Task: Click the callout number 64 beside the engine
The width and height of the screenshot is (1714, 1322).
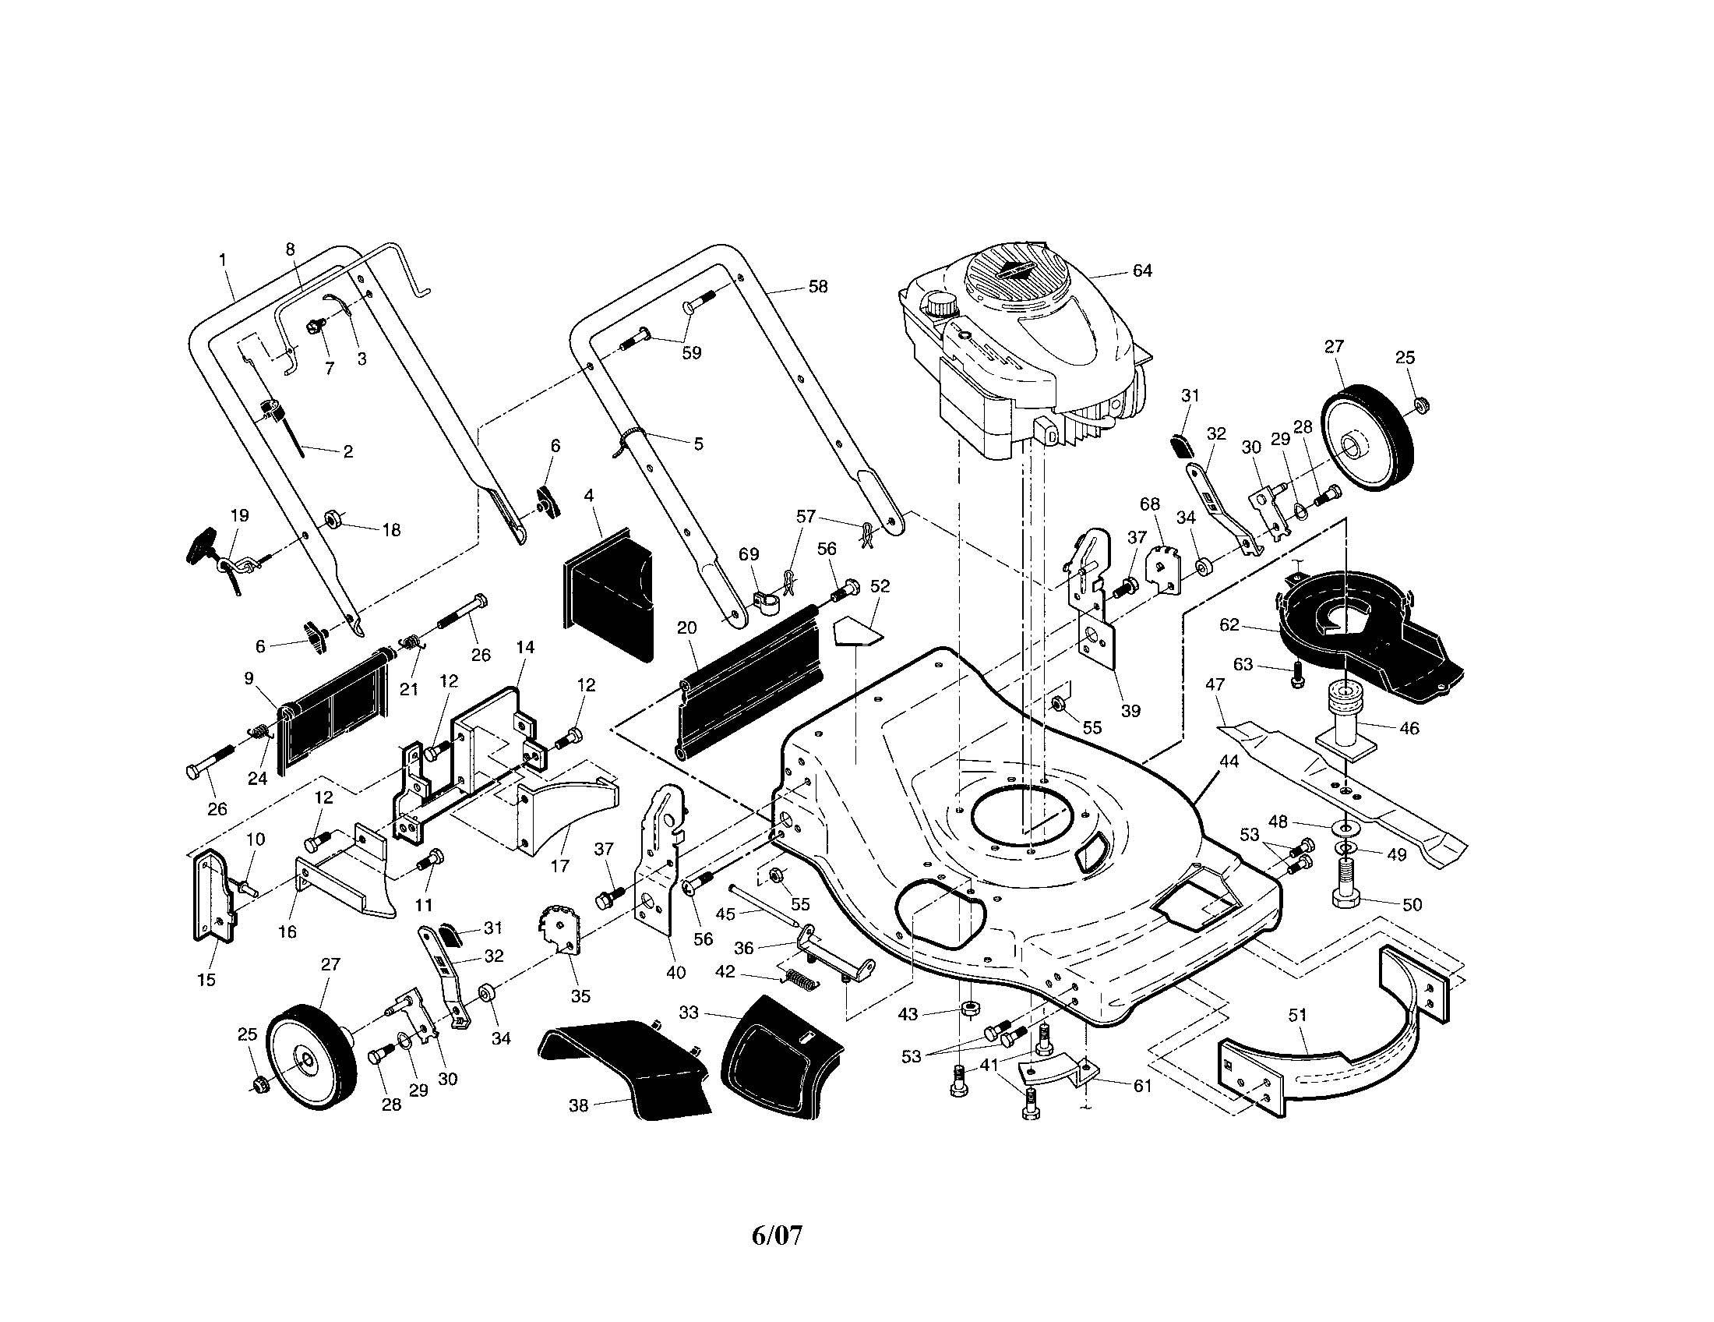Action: (1142, 270)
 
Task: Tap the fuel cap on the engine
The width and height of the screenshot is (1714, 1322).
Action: (938, 305)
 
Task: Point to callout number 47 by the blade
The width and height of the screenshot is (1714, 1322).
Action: (1215, 684)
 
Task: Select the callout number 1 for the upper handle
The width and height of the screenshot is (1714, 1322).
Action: (223, 259)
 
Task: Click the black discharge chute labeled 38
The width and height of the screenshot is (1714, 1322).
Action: (628, 1068)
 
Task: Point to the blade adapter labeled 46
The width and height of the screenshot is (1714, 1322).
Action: (1349, 719)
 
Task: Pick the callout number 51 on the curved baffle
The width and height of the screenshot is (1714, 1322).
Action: (1298, 1015)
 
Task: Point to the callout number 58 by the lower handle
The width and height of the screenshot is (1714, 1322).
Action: (818, 287)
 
